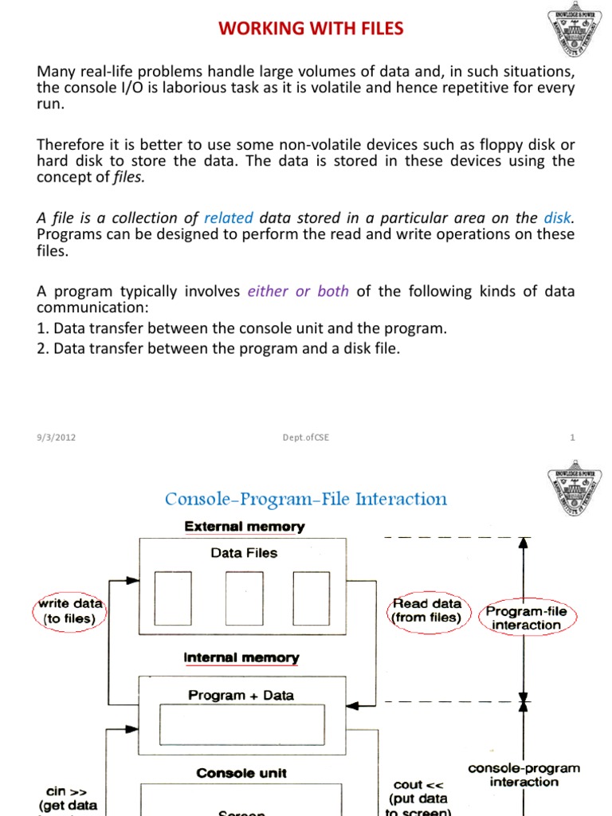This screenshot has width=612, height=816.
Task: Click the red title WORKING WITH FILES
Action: [312, 29]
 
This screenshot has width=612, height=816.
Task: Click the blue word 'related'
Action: [229, 218]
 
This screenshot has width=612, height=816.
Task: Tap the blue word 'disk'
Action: [558, 218]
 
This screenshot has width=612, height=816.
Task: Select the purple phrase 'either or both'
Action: [298, 291]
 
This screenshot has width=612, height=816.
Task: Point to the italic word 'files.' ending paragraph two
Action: [128, 177]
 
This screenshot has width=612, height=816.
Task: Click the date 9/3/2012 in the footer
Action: [57, 437]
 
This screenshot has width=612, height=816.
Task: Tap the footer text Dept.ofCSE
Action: [306, 437]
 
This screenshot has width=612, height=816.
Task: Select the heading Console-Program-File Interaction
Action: [306, 500]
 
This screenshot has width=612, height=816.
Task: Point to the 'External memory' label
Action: [245, 527]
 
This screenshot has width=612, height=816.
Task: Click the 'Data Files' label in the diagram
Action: [244, 552]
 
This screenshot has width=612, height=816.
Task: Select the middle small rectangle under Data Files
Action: [244, 598]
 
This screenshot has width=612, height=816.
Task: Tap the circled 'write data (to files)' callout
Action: [70, 611]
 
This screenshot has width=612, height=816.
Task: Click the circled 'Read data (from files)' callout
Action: [426, 610]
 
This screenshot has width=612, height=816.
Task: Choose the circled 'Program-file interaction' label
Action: [526, 618]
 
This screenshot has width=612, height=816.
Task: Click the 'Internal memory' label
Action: [241, 658]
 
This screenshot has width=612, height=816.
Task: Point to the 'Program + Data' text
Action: [241, 695]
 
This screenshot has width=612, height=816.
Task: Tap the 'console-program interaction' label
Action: [524, 775]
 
